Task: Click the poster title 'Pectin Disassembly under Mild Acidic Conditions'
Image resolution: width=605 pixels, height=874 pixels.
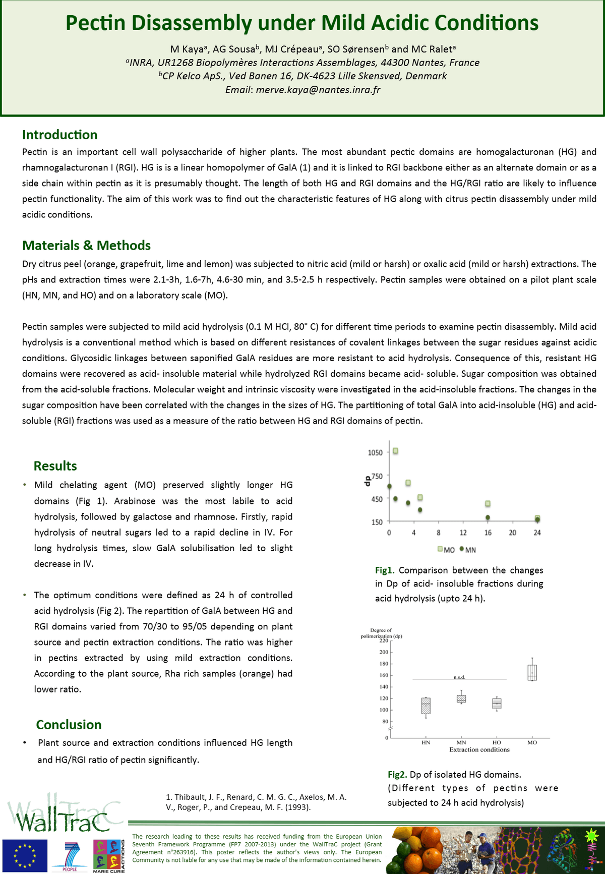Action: (x=302, y=23)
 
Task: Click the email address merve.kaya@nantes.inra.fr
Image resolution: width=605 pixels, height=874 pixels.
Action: (x=318, y=90)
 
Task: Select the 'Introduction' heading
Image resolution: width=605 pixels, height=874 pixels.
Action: (x=59, y=135)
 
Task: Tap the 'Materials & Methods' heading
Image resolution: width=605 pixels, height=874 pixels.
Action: (x=86, y=246)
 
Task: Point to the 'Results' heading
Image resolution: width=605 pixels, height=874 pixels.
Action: (x=55, y=466)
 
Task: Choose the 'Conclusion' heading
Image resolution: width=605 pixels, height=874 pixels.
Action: (x=69, y=725)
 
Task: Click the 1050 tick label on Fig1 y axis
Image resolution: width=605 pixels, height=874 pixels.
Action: (x=375, y=452)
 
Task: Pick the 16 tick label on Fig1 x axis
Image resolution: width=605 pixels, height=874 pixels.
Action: (x=488, y=533)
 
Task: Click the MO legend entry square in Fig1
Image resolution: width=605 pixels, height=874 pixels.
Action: (x=440, y=549)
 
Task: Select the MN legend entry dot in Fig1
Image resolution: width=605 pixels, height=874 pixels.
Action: (x=462, y=549)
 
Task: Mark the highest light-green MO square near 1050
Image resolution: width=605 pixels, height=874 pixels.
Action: (x=396, y=451)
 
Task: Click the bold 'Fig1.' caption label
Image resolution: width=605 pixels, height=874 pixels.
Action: (x=385, y=570)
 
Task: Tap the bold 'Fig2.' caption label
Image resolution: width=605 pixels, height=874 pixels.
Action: (x=397, y=775)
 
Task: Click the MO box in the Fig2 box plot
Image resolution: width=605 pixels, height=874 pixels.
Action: (x=532, y=672)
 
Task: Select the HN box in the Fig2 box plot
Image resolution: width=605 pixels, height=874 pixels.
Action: (x=426, y=706)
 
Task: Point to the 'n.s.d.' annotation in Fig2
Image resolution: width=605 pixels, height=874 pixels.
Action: (x=459, y=677)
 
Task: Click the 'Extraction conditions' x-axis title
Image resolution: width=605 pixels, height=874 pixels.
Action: (x=479, y=750)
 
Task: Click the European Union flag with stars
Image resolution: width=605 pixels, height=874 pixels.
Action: (x=25, y=855)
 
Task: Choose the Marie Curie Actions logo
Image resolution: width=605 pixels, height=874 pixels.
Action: (x=108, y=855)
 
